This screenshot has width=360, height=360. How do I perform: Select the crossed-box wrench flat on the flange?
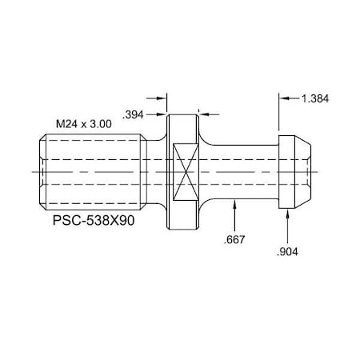tap(183, 171)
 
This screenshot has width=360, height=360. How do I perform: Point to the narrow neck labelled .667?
tap(240, 171)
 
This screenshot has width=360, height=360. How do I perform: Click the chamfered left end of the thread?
tap(40, 171)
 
